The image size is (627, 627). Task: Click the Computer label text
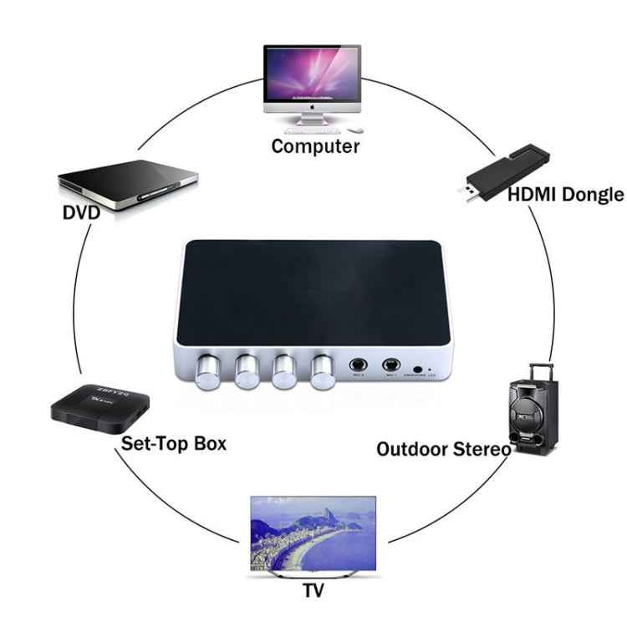pos(315,146)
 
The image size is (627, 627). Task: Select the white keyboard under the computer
pos(313,130)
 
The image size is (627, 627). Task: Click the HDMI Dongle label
pos(566,195)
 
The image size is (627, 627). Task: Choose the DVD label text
pos(81,212)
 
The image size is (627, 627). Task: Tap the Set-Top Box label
pos(174,442)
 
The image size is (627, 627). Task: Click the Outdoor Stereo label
pos(443,449)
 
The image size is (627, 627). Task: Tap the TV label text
pos(313,591)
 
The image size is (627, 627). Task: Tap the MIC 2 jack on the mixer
pos(359,364)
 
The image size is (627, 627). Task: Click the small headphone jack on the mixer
pos(417,367)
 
